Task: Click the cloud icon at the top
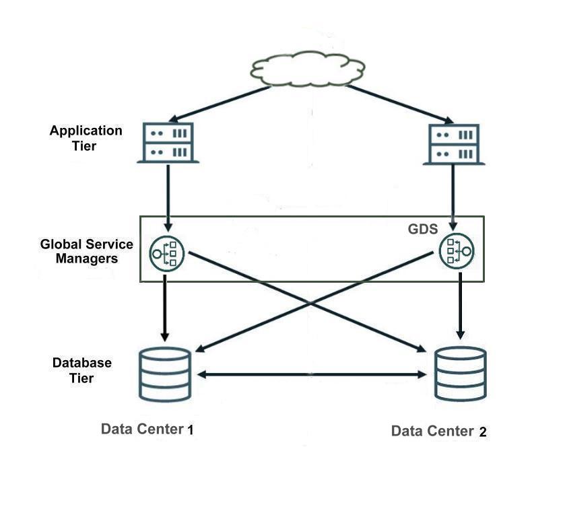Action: [x=308, y=68]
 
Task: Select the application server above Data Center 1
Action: [x=168, y=143]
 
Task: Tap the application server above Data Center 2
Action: [x=454, y=144]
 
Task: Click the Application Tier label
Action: [x=86, y=137]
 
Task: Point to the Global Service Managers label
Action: [x=86, y=251]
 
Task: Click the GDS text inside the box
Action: [x=423, y=229]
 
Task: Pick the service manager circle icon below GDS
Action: [x=456, y=252]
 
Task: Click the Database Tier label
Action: [x=81, y=370]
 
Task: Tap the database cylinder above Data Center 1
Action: [x=166, y=374]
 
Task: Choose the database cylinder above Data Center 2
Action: [x=461, y=374]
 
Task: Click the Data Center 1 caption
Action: [x=147, y=430]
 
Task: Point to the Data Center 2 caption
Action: [x=438, y=432]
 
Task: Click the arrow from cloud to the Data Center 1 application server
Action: [x=216, y=104]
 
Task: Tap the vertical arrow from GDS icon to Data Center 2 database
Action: [x=461, y=306]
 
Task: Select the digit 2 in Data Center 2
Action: [x=482, y=432]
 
